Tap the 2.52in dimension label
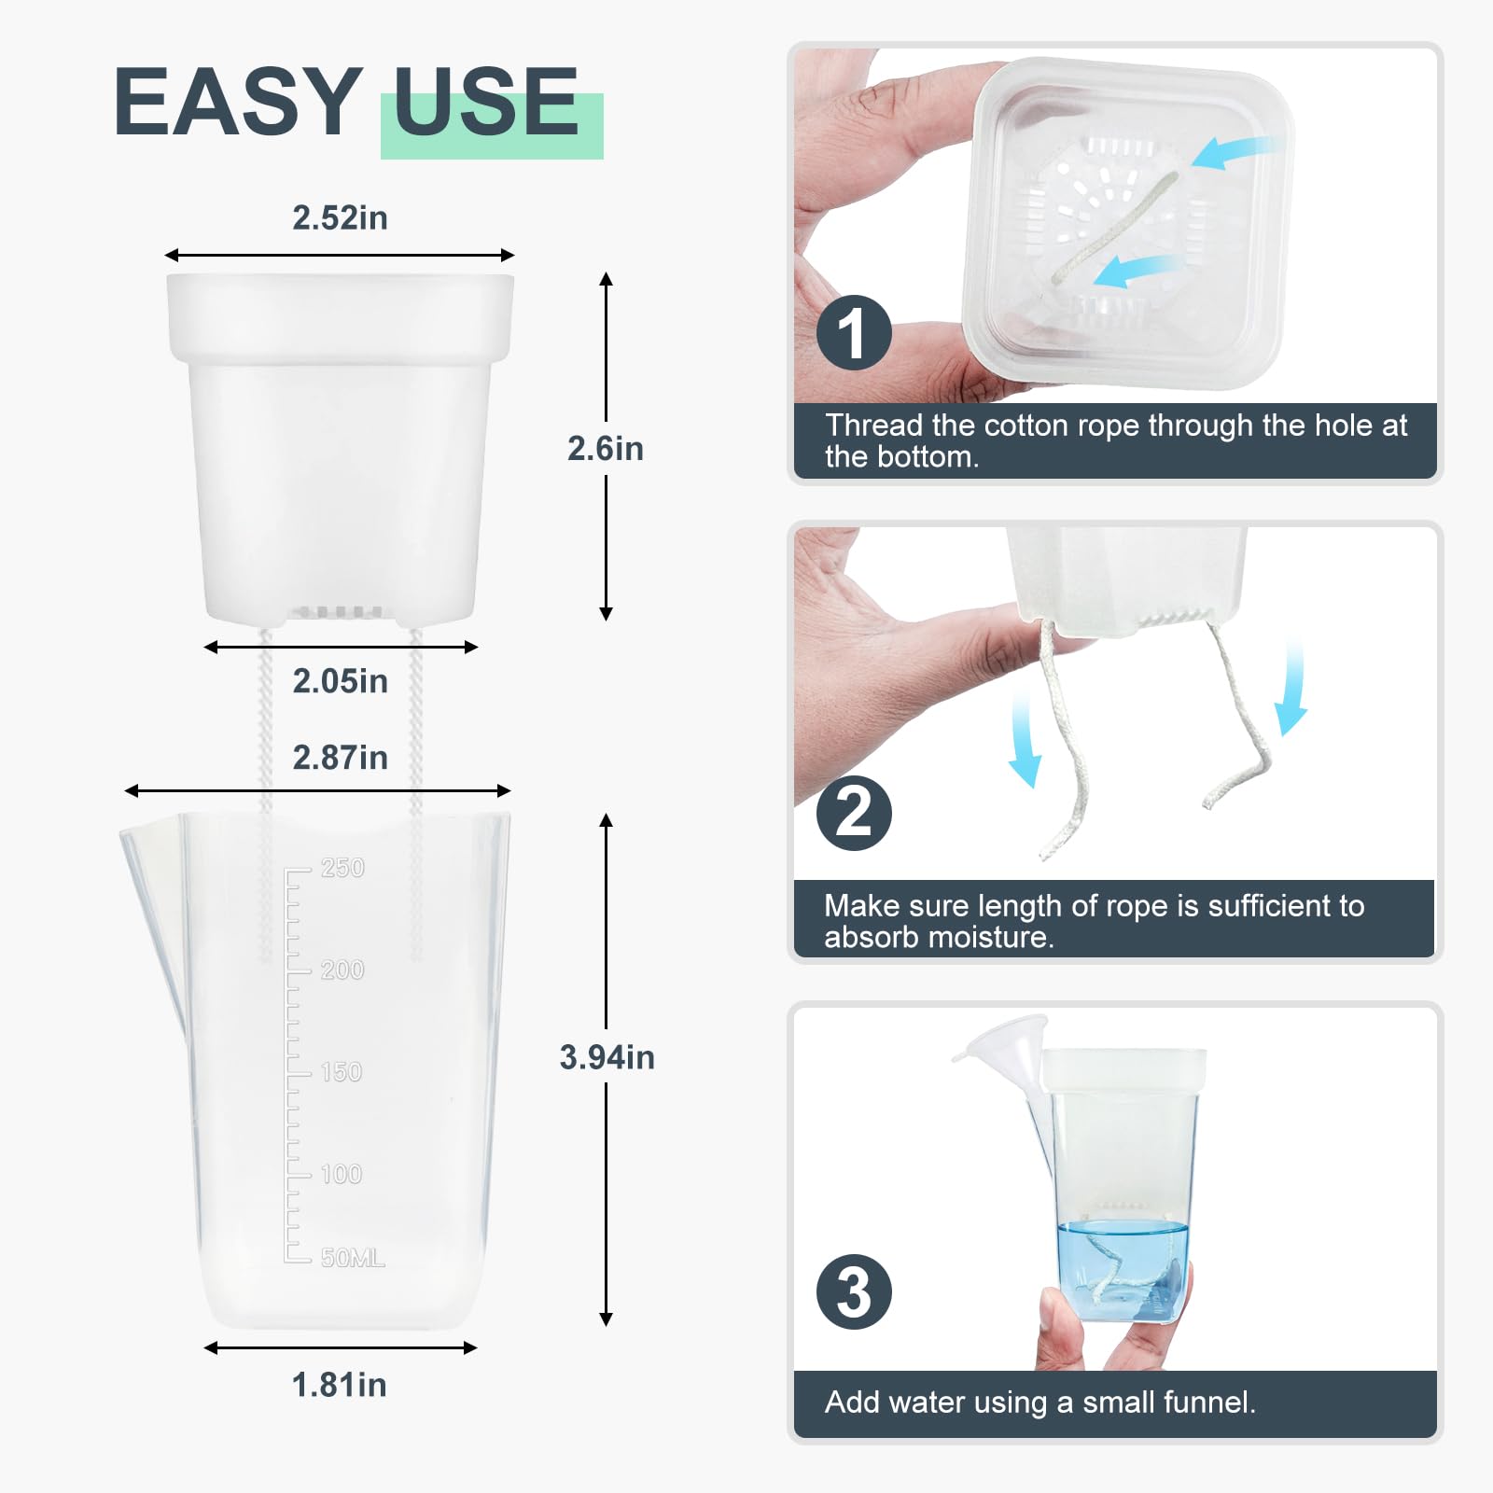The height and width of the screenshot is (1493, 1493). [340, 217]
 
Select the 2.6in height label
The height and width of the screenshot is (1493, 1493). [606, 449]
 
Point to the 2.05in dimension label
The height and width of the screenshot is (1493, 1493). [340, 681]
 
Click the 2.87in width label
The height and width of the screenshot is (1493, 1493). [340, 758]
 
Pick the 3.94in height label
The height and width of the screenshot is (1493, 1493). [607, 1057]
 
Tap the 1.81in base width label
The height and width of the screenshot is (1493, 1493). [339, 1385]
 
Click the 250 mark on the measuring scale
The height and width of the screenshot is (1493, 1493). [342, 868]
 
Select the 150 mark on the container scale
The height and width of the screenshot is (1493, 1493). [342, 1072]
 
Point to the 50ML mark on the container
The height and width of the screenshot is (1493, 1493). [353, 1258]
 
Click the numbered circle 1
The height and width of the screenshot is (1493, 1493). [854, 332]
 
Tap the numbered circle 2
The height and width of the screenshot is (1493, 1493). [854, 813]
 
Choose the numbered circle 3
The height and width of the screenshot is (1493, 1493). [854, 1292]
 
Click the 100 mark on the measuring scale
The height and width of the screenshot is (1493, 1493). [342, 1174]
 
